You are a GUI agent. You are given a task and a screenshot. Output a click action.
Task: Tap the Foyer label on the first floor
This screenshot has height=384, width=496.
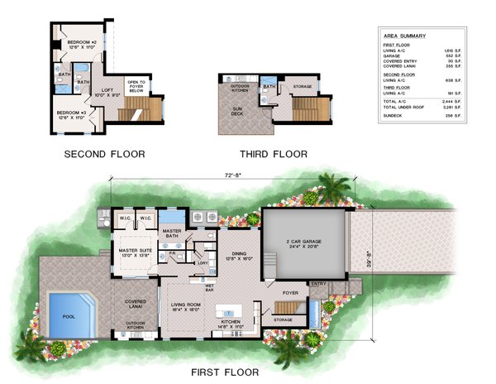tap(290, 292)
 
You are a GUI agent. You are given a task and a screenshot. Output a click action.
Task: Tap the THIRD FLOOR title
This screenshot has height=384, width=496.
tap(274, 154)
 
